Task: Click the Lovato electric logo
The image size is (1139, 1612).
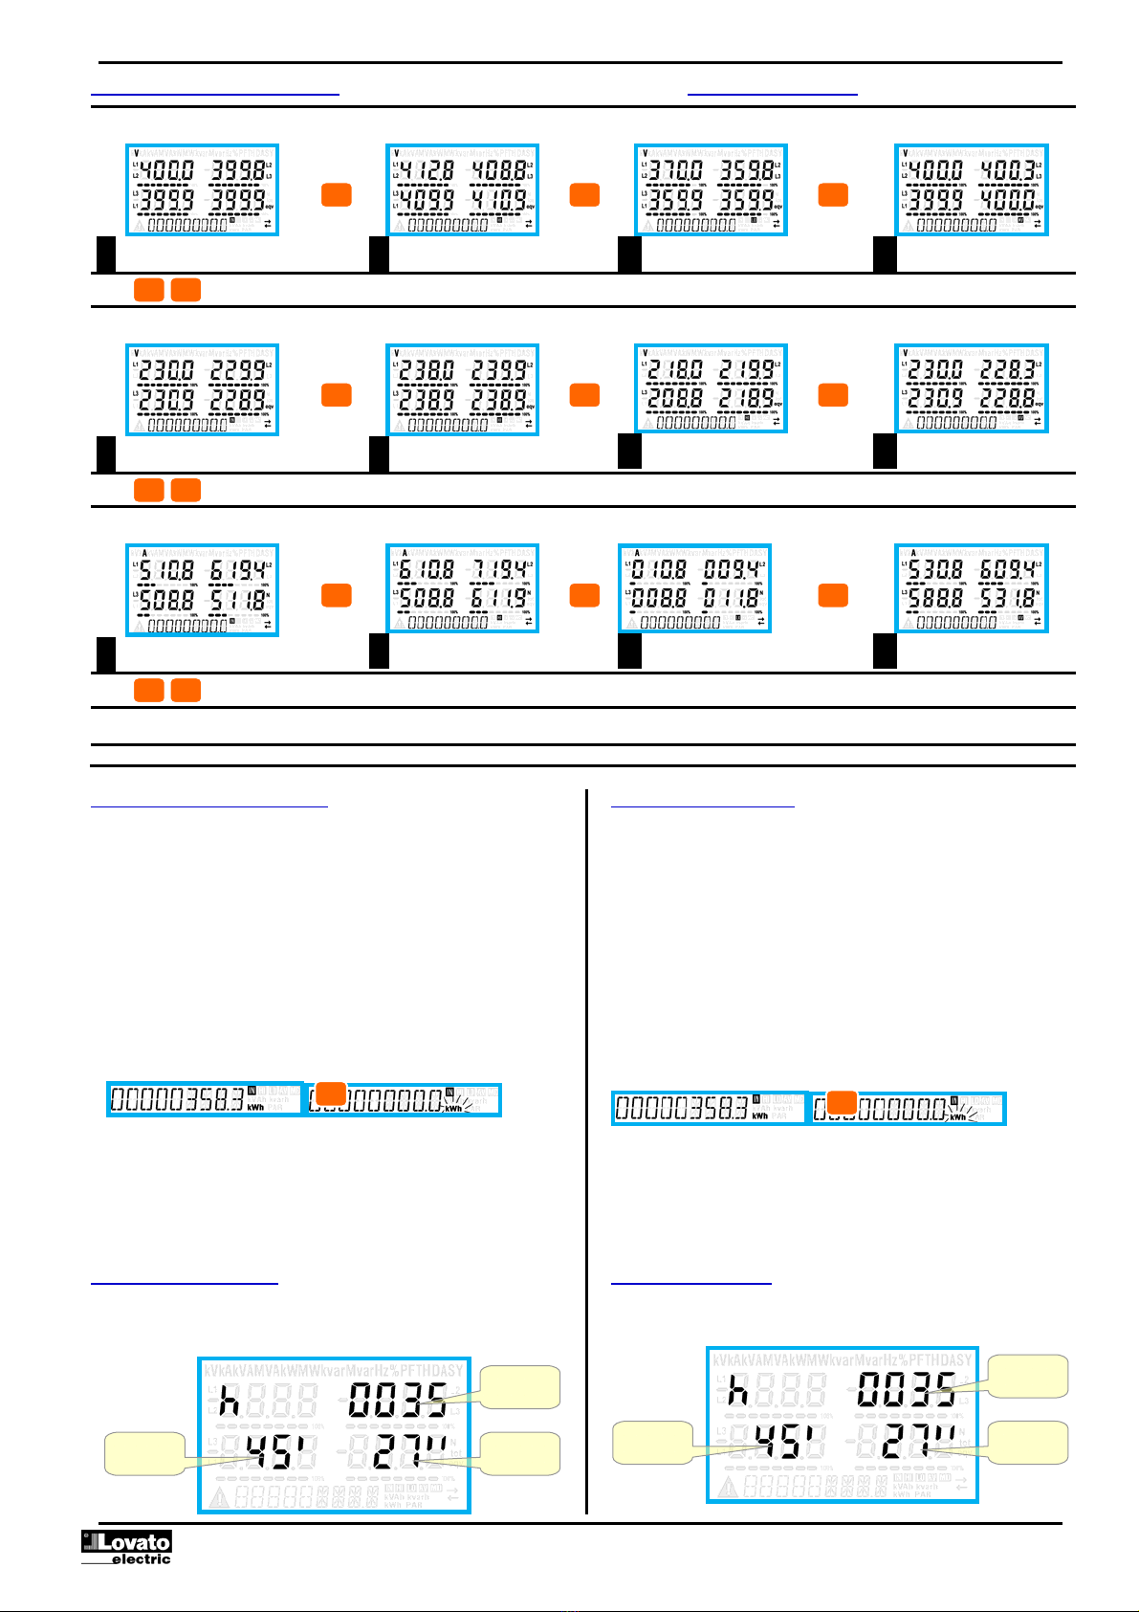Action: (x=125, y=1547)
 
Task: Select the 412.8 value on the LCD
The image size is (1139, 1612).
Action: (x=425, y=171)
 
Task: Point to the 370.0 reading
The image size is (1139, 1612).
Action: (x=673, y=171)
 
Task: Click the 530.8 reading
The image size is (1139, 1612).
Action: (x=933, y=571)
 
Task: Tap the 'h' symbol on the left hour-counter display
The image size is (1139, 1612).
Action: (x=228, y=1402)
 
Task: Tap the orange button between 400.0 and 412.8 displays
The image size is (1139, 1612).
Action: (x=336, y=195)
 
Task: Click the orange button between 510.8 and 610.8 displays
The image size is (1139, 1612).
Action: (x=336, y=595)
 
